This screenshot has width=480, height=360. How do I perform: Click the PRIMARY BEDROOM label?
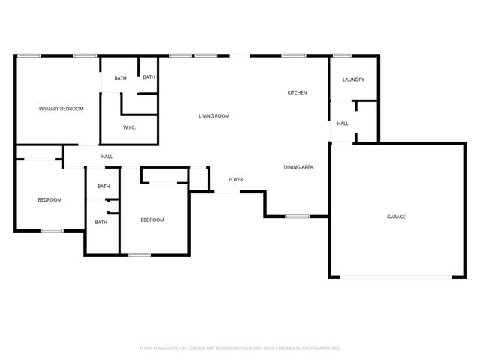61,109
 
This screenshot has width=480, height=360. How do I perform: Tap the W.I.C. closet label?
129,127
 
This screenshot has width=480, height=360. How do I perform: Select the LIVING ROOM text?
214,116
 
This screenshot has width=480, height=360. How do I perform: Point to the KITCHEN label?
298,93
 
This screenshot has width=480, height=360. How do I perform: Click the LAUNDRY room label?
353,79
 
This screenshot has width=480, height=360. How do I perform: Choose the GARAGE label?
396,217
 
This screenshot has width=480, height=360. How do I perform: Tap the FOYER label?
236,179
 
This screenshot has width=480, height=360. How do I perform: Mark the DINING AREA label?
298,167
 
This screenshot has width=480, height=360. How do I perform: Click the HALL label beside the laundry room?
343,124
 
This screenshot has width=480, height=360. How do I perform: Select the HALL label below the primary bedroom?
107,157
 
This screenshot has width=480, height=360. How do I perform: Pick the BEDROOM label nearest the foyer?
152,220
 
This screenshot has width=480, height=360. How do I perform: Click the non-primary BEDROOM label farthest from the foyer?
49,199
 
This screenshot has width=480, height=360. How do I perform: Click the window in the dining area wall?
297,217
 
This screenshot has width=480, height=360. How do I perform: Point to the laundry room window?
342,55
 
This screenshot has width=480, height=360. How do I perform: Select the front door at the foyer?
228,192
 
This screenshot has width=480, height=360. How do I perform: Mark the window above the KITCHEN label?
293,55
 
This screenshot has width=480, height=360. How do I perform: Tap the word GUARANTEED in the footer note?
323,348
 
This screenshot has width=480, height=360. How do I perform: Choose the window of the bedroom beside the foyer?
139,255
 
